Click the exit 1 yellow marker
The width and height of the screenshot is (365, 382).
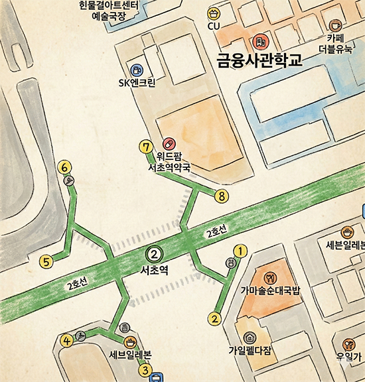coord(241,250)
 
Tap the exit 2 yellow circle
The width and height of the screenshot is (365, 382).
coord(214,318)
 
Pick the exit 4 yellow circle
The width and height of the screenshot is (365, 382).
coord(66,341)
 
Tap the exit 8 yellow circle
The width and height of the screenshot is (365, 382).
coord(221,196)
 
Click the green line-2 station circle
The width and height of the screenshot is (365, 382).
coord(153,253)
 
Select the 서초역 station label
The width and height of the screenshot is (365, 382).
coord(154,271)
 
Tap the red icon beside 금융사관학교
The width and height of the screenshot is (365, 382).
coord(259,41)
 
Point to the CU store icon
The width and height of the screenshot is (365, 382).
coord(213,13)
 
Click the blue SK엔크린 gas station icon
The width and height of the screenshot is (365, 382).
coord(137,70)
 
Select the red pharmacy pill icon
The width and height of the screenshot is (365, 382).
coord(169,143)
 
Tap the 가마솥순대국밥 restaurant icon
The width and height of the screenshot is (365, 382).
coord(269,276)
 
